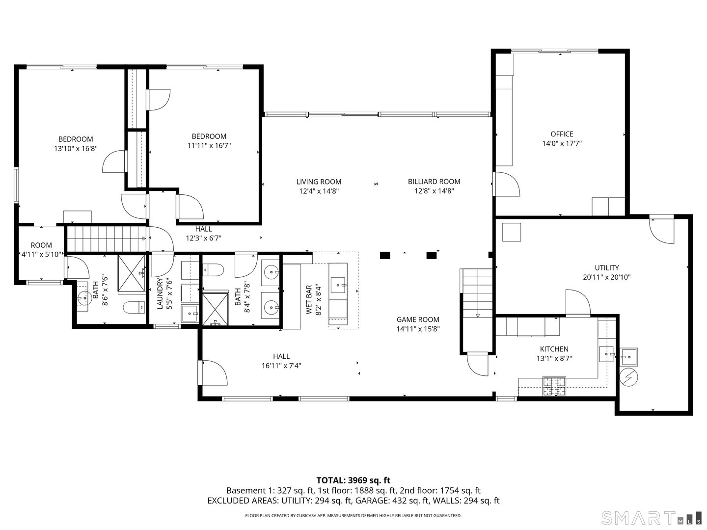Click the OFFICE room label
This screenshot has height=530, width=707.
pos(562,134)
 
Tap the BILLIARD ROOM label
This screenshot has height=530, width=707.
pos(434,182)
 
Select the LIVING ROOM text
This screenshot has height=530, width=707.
pos(319,182)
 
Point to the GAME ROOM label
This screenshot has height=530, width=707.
pos(418,319)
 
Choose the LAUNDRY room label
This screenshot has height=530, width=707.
pos(160,293)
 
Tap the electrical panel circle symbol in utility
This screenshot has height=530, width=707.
pos(628,377)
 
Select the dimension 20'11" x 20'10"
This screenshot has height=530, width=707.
pos(607,277)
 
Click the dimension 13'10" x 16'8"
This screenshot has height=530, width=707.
pos(76,148)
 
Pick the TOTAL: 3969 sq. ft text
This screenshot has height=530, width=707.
pos(353,480)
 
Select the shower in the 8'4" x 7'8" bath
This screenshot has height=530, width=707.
pos(215,309)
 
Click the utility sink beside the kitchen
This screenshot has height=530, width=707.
pos(628,356)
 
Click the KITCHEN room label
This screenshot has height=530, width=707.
pos(554,349)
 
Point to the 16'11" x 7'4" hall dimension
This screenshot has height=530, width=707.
pos(281,366)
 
